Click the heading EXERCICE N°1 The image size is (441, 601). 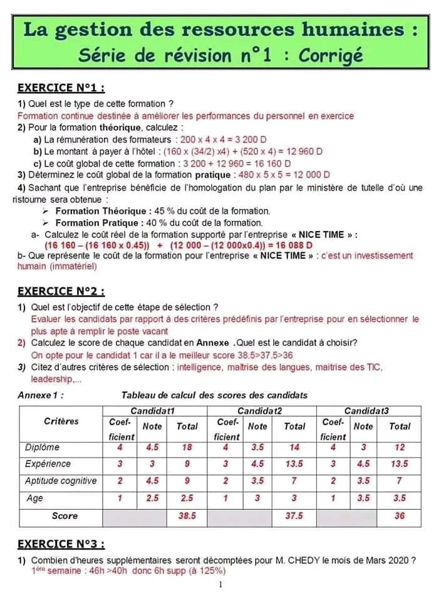point(60,88)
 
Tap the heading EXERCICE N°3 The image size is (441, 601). point(60,543)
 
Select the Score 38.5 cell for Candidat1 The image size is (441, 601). point(187,516)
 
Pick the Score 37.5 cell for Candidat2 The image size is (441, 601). point(294,516)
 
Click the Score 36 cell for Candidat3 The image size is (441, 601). point(400,516)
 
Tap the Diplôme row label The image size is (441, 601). point(42,448)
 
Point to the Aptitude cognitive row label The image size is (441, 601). point(61,481)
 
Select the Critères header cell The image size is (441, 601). point(61,421)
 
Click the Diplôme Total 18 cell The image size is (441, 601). point(187,448)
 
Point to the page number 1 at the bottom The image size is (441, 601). point(220,585)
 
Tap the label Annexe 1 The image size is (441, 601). point(40,395)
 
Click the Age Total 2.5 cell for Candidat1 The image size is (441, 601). point(187,498)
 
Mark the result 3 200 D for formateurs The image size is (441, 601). point(249,139)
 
